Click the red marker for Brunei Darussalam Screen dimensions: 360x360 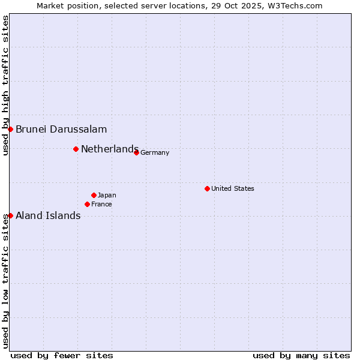point(10,129)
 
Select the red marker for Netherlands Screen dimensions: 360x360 point(76,149)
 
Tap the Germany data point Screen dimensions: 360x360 point(136,152)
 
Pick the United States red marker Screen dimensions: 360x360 point(207,188)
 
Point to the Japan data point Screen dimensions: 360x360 point(94,195)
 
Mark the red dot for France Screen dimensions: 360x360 point(87,204)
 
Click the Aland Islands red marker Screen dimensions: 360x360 point(10,215)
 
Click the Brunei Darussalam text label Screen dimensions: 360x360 point(61,129)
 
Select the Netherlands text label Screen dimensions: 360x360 point(110,149)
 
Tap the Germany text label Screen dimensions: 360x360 point(155,152)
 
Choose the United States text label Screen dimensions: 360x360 point(233,188)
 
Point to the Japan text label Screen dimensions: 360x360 point(107,195)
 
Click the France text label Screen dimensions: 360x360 point(101,204)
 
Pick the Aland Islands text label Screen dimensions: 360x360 point(48,216)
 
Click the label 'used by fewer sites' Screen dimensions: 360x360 point(62,355)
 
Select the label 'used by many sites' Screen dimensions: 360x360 point(301,355)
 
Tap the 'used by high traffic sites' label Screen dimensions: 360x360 point(5,86)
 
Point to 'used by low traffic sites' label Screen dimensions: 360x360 point(5,280)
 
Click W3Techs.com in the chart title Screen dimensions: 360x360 point(296,5)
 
